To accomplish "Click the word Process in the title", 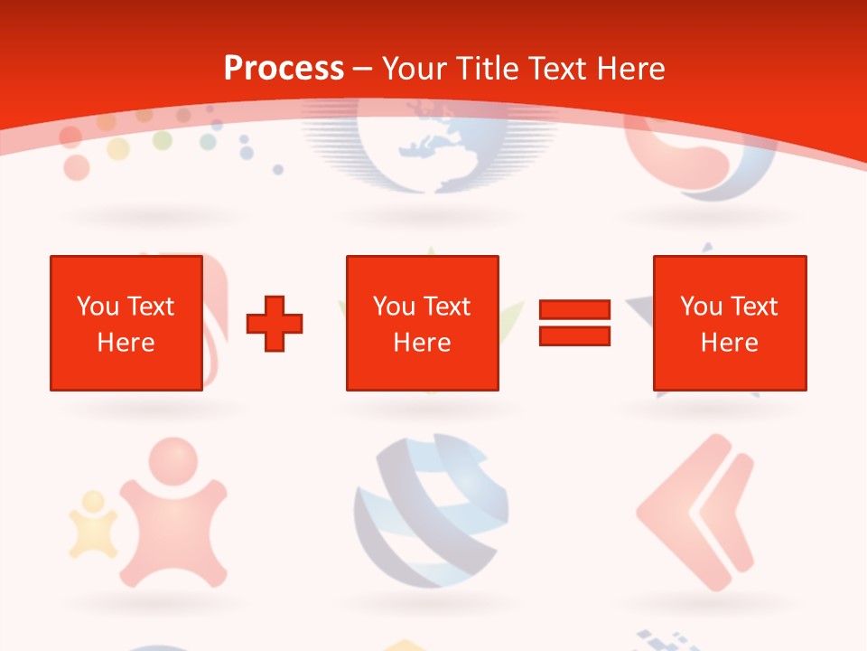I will (284, 68).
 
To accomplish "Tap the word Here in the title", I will (630, 68).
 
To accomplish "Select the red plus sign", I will (275, 323).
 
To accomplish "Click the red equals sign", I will (574, 323).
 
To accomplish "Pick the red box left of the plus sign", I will (126, 323).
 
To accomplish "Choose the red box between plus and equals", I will (422, 323).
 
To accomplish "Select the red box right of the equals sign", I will (729, 323).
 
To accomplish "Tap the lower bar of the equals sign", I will (574, 335).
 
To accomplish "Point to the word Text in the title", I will (558, 68).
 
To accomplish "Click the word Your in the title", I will (415, 68).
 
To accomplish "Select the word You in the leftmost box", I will (97, 306).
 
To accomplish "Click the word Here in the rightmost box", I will (729, 343).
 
